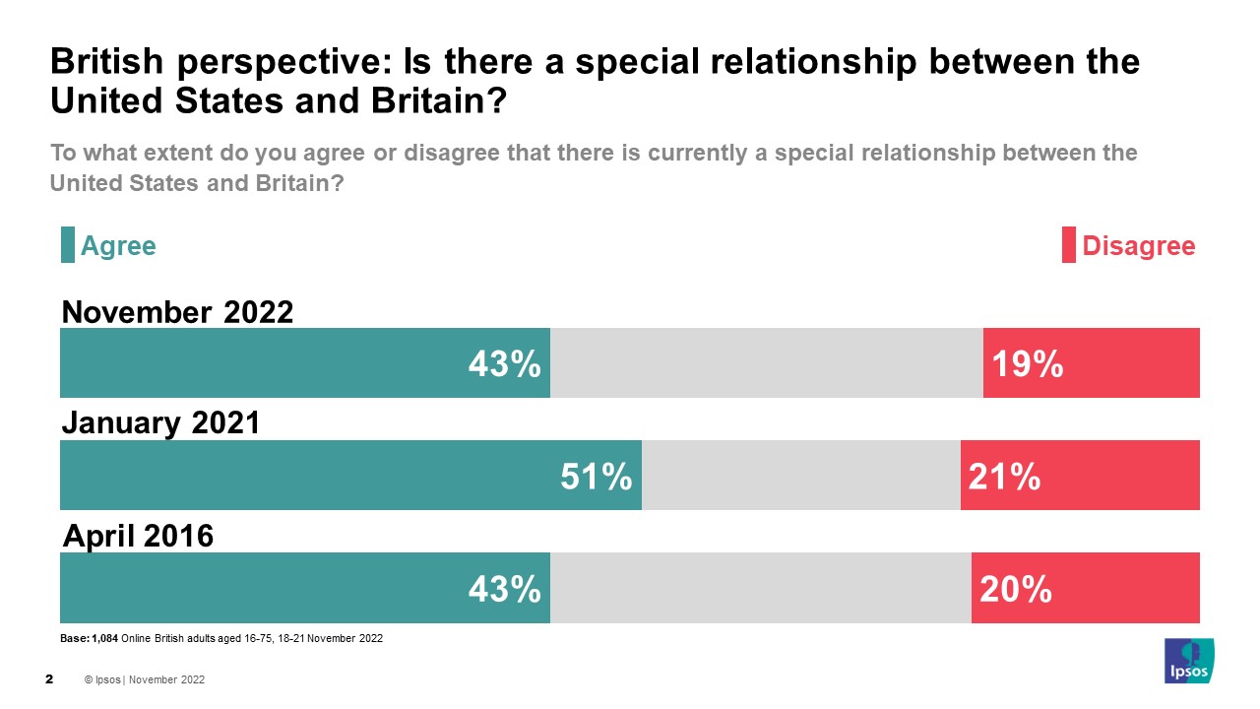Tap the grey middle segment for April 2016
[760, 587]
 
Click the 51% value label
[596, 478]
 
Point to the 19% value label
[1027, 364]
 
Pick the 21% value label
[1004, 478]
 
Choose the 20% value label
[1015, 589]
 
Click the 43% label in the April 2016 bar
[504, 589]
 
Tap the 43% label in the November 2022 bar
[504, 364]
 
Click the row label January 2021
[160, 423]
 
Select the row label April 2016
[138, 537]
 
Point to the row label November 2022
[177, 312]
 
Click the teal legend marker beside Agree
[68, 245]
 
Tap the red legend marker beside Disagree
[1068, 245]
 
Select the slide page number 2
[49, 679]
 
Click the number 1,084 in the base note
[104, 639]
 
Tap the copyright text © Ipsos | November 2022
[145, 679]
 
